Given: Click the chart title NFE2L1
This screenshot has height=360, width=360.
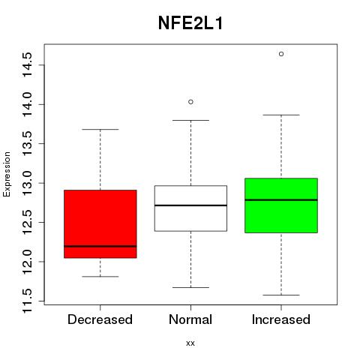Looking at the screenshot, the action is click(190, 23).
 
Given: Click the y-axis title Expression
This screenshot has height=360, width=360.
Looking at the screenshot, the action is click(7, 174).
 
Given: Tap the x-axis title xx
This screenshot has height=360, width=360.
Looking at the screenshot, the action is click(190, 343).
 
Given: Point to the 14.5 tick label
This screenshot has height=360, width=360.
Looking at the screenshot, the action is click(27, 64).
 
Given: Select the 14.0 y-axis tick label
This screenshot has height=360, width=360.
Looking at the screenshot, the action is click(27, 104).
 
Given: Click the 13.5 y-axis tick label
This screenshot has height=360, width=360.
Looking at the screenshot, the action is click(27, 143).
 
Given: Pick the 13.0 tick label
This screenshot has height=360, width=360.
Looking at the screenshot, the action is click(27, 183).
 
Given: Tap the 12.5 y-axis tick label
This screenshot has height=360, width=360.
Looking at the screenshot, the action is click(27, 222).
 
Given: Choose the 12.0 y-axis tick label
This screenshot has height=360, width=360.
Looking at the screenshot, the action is click(27, 262).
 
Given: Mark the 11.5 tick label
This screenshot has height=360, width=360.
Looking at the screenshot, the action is click(27, 301).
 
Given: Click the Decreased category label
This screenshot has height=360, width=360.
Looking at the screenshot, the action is click(100, 319).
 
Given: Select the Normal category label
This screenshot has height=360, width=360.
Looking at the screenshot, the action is click(190, 319).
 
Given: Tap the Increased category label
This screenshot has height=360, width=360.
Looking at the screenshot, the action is click(281, 319).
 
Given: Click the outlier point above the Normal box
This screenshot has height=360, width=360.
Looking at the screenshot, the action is click(190, 102).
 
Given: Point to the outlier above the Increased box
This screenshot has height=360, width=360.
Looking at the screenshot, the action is click(281, 54).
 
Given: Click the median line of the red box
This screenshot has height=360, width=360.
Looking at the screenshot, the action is click(100, 246).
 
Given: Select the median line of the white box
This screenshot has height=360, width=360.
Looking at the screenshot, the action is click(190, 205).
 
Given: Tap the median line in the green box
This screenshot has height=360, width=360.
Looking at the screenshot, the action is click(281, 199).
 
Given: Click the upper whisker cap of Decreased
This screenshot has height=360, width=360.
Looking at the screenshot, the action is click(100, 129).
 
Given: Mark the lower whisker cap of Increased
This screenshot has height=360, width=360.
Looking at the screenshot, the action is click(281, 295).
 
